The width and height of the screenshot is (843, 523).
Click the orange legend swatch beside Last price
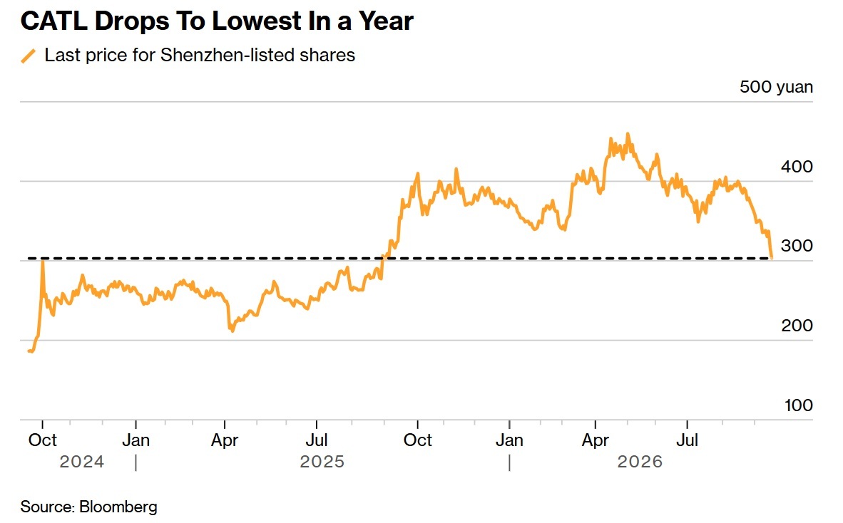point(29,56)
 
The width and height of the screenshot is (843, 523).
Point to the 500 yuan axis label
point(776,87)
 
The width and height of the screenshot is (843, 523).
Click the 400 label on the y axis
point(797,167)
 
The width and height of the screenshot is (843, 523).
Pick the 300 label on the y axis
point(797,246)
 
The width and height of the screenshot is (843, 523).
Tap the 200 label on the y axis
point(797,326)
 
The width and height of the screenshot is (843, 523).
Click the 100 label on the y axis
point(798,405)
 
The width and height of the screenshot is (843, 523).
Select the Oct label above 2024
point(43,440)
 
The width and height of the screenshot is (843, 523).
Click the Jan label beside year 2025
point(136,440)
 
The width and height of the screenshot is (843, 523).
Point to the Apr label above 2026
point(595,440)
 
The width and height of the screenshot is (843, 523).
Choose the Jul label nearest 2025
point(317,440)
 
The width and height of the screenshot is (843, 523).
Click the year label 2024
point(82,462)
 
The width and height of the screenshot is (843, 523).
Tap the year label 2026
point(640,462)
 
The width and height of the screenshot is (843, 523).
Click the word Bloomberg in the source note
point(118,507)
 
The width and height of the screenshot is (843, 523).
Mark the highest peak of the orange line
point(628,134)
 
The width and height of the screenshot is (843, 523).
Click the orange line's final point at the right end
point(772,258)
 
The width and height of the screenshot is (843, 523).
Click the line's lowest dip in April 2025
point(233,331)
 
